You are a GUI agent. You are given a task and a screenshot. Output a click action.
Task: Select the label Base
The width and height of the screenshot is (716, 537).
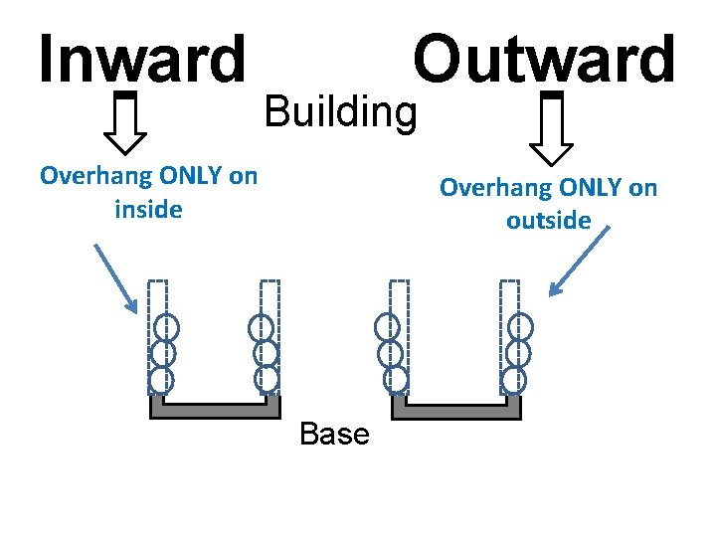333,434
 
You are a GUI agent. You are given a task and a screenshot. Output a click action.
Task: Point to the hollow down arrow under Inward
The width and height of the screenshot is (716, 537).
125,125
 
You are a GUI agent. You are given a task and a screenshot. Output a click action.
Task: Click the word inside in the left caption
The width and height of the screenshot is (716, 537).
148,210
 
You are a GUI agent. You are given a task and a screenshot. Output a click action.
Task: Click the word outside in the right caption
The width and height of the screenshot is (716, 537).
548,220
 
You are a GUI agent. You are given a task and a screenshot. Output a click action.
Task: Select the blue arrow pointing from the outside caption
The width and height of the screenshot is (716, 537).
581,263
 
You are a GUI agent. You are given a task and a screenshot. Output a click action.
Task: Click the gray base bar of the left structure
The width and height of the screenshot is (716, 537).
215,408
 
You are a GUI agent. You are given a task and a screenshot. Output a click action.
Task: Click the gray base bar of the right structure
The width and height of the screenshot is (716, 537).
456,408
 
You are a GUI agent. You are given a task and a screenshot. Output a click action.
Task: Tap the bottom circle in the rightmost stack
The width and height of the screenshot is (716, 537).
514,379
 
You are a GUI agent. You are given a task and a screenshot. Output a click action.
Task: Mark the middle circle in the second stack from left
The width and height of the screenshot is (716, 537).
265,353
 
